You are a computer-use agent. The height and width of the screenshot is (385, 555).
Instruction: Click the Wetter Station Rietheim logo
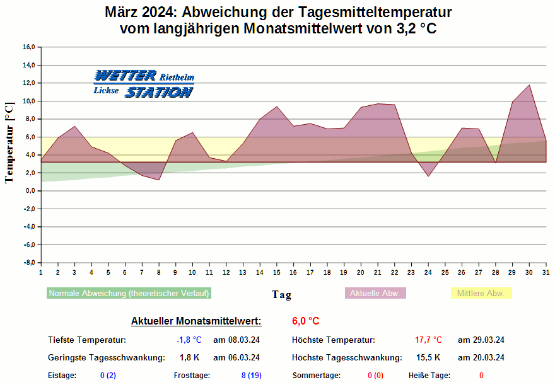click(x=143, y=84)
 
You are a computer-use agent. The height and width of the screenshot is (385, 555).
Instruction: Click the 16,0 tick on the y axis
click(x=29, y=47)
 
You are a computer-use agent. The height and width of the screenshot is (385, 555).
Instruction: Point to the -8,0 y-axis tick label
click(x=29, y=263)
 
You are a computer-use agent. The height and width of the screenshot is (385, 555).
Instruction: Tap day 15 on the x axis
click(x=276, y=272)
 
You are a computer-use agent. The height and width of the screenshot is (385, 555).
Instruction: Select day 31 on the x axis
click(x=546, y=272)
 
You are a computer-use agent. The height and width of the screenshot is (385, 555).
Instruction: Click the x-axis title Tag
click(x=281, y=294)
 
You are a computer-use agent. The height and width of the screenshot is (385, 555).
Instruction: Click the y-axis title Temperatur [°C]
click(x=9, y=142)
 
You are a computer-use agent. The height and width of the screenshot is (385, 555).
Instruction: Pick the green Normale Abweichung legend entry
click(x=129, y=293)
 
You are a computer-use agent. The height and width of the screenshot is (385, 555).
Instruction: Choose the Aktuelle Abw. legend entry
click(x=376, y=293)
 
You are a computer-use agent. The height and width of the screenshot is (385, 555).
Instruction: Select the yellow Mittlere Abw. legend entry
click(x=481, y=293)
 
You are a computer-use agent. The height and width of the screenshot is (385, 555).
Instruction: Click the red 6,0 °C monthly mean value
click(x=305, y=321)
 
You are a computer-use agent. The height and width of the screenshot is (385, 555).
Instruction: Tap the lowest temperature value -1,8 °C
click(x=189, y=340)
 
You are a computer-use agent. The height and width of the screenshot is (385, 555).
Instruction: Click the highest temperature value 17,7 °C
click(x=428, y=340)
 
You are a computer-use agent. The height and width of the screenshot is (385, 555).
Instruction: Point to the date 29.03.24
click(x=481, y=340)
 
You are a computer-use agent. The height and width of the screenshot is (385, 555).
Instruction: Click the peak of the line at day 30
click(x=529, y=85)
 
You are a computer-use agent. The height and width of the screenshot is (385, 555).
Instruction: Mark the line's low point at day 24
click(x=428, y=176)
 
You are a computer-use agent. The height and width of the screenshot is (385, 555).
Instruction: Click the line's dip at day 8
click(x=159, y=180)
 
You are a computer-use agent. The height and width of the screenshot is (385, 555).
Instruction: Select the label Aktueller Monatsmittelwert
click(x=196, y=321)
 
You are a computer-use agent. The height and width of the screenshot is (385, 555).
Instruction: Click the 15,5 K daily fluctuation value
click(x=428, y=358)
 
